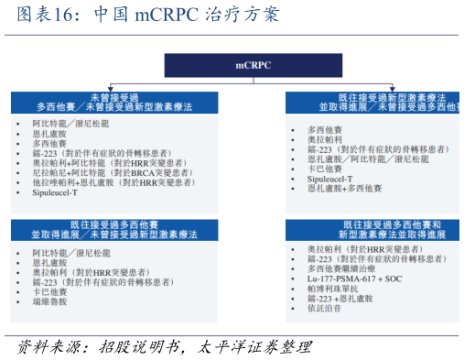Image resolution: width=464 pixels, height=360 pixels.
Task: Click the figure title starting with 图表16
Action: pyautogui.click(x=142, y=16)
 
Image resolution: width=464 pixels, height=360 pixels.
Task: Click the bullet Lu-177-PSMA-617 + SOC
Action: pyautogui.click(x=353, y=278)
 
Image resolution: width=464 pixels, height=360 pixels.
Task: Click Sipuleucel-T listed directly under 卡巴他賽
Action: pyautogui.click(x=332, y=180)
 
